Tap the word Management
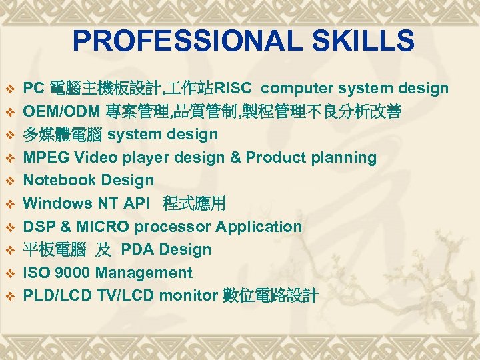point(144,273)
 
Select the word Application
point(261,227)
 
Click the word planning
point(344,158)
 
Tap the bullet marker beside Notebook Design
point(10,181)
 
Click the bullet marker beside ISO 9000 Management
point(10,273)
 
